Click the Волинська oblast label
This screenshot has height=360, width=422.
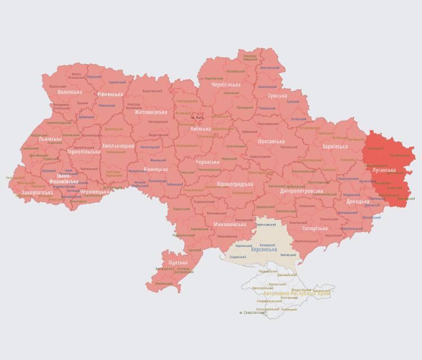[70, 92]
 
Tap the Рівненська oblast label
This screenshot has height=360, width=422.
[110, 94]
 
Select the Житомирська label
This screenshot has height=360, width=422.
[150, 112]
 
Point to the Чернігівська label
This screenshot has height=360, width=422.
[226, 84]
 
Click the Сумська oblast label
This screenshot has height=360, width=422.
[277, 96]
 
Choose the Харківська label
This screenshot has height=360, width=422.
[335, 146]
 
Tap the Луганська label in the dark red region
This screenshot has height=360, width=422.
[384, 170]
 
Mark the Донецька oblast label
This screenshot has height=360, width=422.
[357, 201]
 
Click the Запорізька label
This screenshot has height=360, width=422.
[315, 228]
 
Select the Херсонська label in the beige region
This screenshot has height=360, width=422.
[263, 249]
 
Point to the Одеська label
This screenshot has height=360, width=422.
[178, 263]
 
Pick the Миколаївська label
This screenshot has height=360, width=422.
[230, 224]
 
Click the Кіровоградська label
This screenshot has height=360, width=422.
[235, 184]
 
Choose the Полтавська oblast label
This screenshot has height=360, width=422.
[271, 141]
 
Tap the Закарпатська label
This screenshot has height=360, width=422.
[38, 192]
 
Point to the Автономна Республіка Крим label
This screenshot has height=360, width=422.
[297, 293]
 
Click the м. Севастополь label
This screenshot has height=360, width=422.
[255, 312]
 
